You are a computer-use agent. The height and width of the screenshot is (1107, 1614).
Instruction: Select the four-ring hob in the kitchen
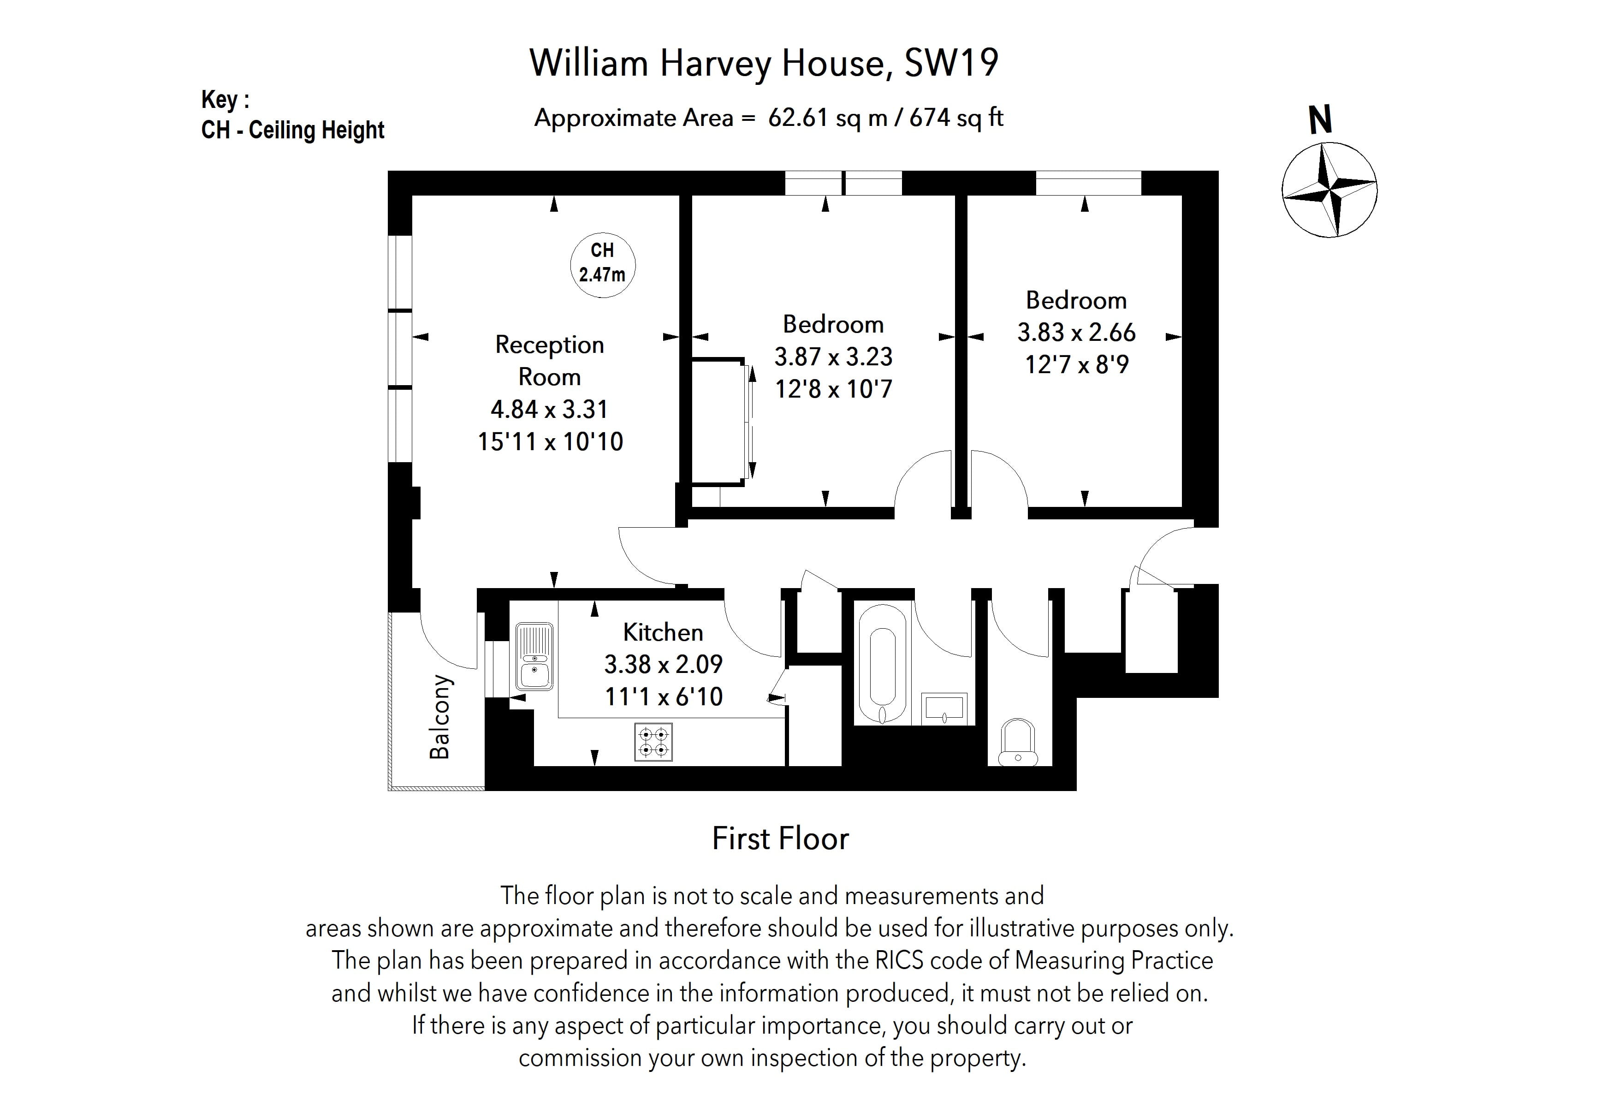click(653, 741)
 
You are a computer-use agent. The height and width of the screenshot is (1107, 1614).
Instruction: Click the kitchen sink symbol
click(534, 656)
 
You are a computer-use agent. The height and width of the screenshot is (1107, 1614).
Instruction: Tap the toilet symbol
click(1017, 743)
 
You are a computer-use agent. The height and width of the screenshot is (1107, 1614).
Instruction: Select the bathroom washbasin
click(944, 708)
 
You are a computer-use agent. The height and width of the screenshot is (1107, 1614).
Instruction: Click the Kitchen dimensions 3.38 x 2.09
click(663, 665)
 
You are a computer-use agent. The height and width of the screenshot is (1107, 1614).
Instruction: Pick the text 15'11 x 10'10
click(550, 442)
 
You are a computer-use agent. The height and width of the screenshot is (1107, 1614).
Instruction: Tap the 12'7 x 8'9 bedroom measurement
click(1076, 364)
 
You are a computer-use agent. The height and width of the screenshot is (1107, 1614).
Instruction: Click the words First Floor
click(780, 839)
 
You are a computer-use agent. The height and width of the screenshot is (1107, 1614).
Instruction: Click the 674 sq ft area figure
click(956, 118)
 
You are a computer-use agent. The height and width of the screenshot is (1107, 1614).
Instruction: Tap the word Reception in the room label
click(549, 345)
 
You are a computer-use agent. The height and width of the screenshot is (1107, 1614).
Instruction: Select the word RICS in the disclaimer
click(899, 960)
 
